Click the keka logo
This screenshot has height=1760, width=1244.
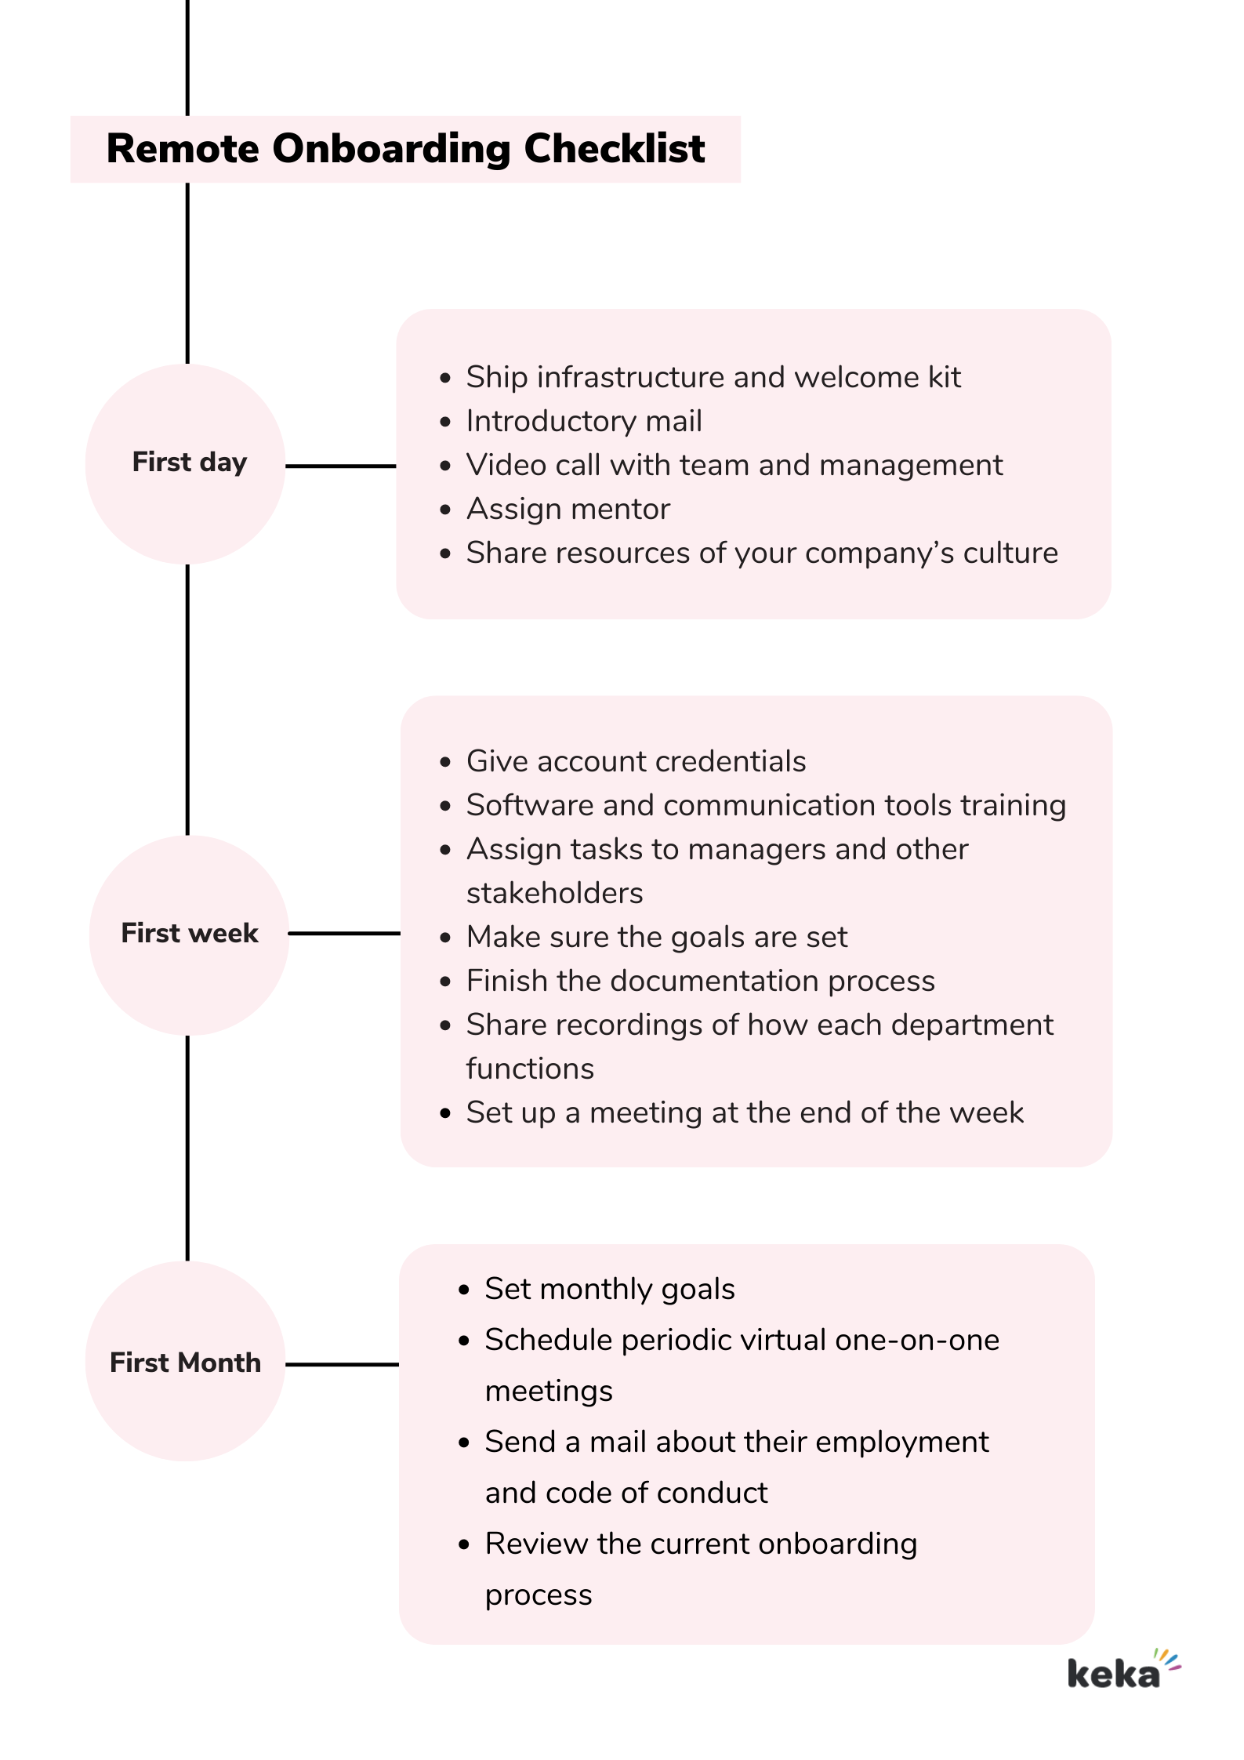click(1122, 1671)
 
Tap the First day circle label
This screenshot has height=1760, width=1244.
click(189, 463)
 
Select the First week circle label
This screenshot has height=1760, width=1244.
click(189, 933)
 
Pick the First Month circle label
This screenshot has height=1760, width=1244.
click(185, 1363)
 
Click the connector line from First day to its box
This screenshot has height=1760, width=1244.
click(340, 466)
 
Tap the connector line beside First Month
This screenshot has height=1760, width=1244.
click(342, 1364)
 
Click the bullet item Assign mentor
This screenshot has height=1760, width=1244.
click(568, 510)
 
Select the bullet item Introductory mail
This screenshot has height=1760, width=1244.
click(583, 422)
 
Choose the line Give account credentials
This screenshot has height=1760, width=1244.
click(636, 762)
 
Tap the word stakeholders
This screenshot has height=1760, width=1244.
click(554, 894)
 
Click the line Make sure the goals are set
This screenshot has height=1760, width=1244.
click(656, 938)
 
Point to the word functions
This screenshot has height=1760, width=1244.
click(530, 1069)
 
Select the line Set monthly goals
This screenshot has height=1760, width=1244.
click(609, 1290)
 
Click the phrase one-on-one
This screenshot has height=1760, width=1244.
click(916, 1341)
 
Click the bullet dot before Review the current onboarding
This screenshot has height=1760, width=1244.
click(464, 1545)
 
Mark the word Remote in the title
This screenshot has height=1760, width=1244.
click(183, 149)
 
